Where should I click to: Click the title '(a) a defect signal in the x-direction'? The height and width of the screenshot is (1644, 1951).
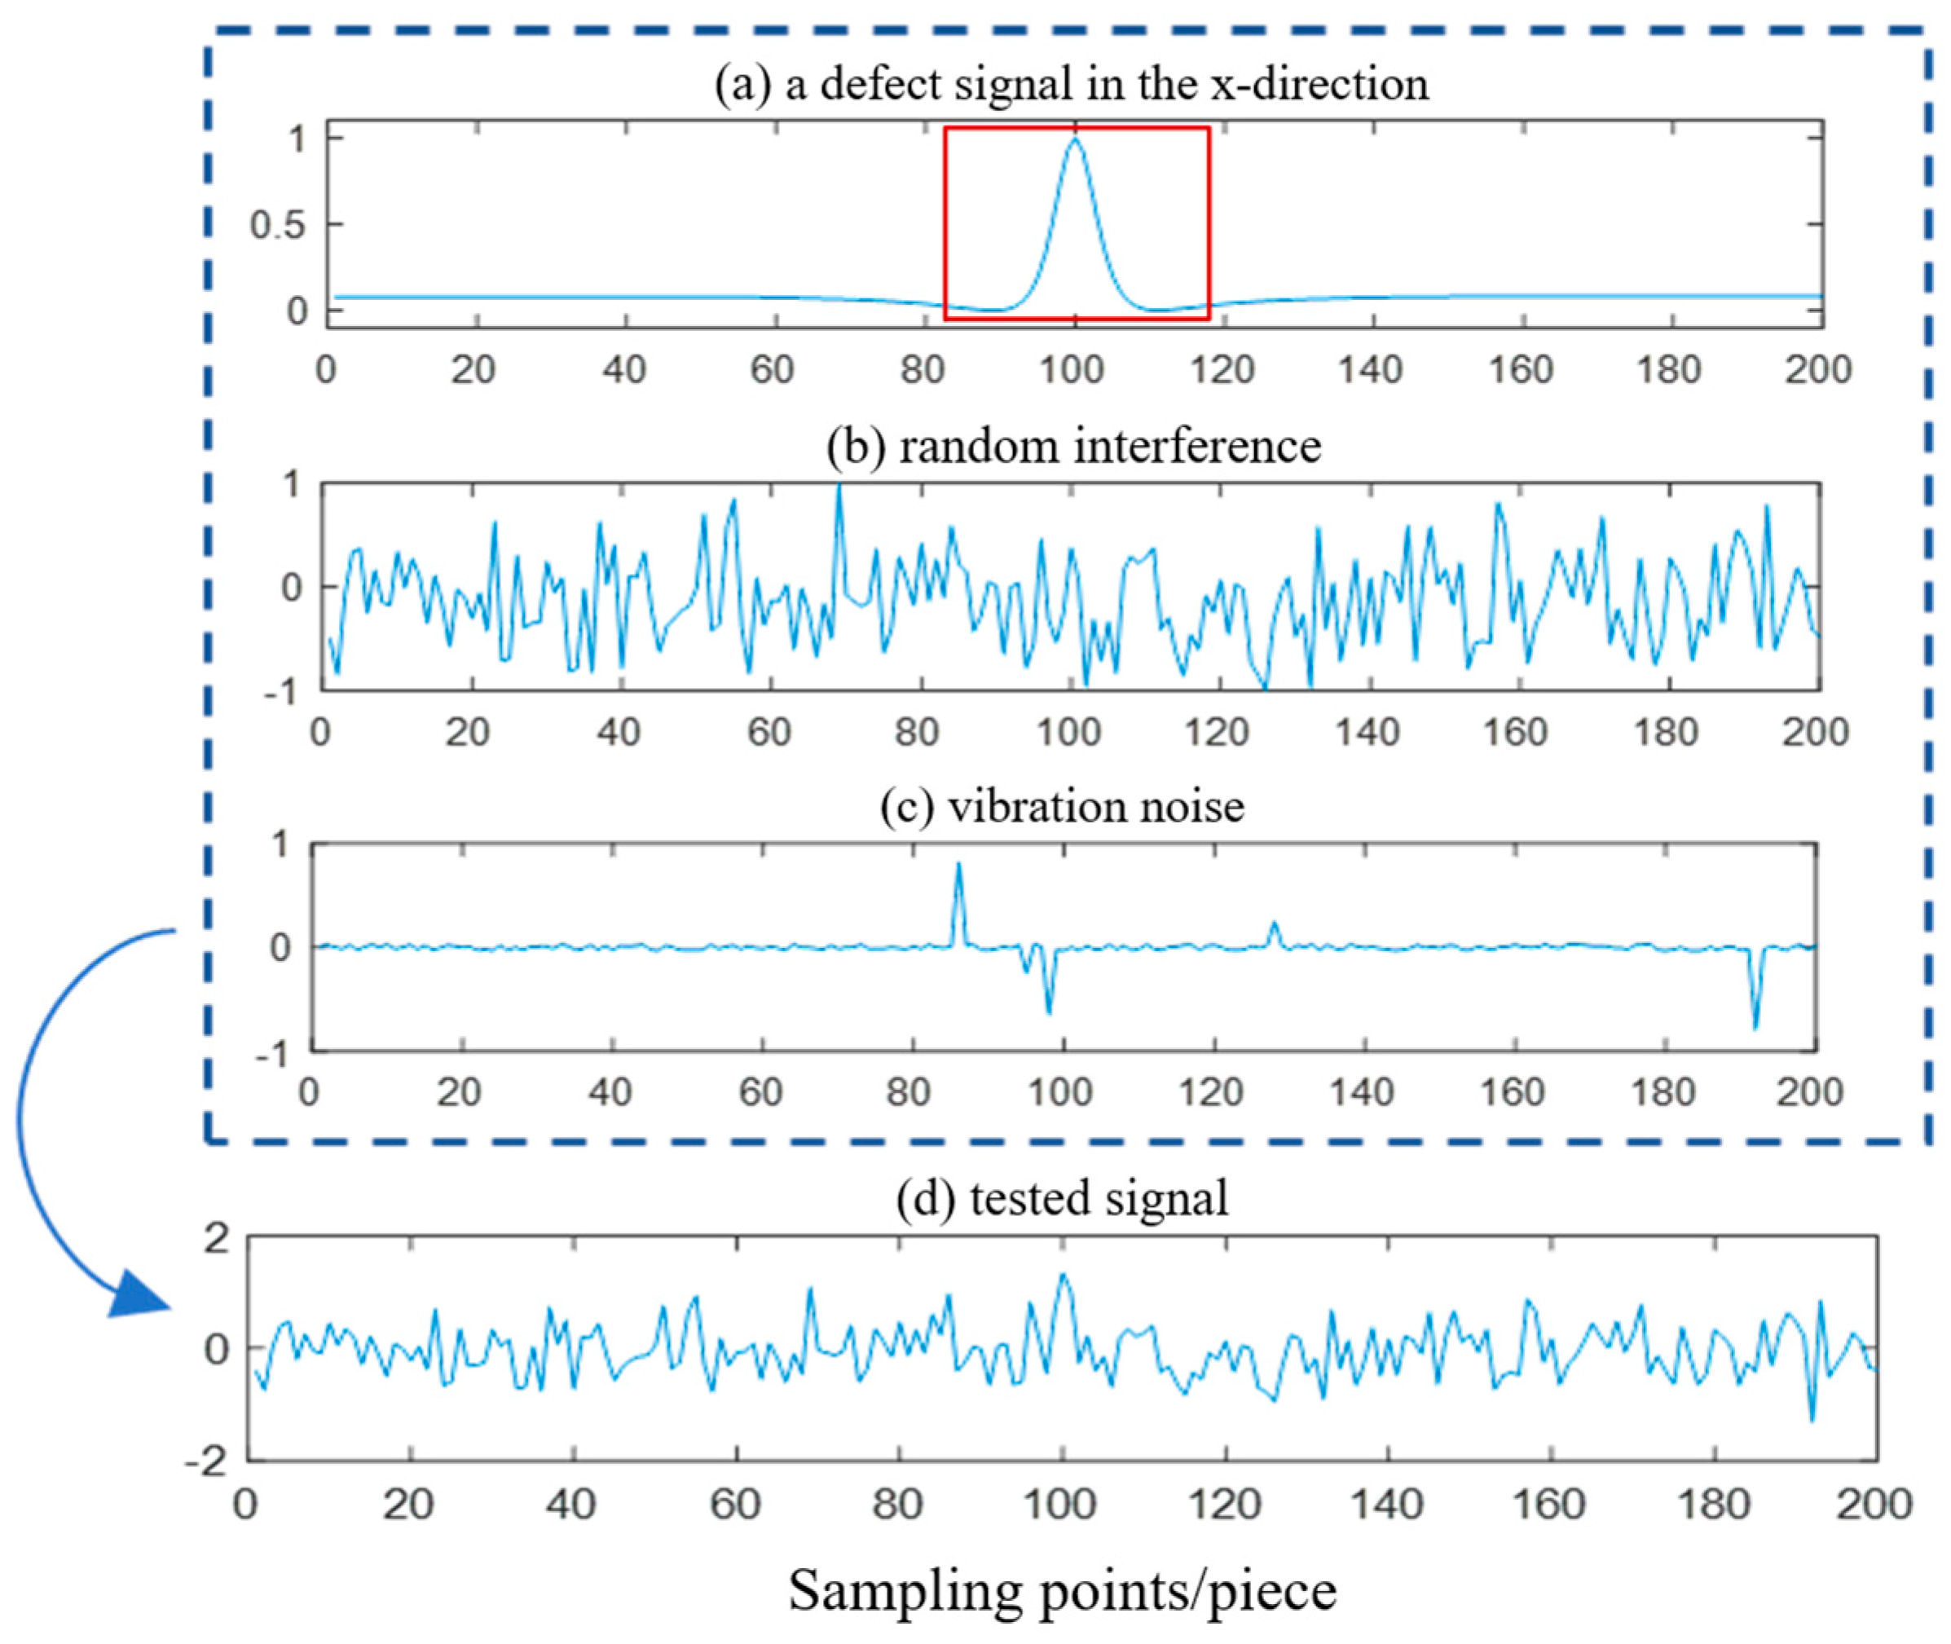(x=1071, y=84)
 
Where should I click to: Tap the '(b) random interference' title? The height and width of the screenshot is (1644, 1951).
(x=1073, y=446)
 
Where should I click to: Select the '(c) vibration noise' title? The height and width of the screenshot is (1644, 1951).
(x=1062, y=805)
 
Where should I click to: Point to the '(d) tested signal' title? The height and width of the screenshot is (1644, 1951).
(x=1062, y=1197)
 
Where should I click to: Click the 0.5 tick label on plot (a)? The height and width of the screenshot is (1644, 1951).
(x=278, y=225)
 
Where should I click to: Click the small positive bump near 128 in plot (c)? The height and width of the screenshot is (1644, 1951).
(x=1274, y=925)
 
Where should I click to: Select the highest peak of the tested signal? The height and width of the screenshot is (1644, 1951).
(x=1062, y=1276)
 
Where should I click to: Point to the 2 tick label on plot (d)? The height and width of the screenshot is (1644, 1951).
(x=215, y=1240)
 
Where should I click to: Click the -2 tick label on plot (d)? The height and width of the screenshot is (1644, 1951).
(x=206, y=1461)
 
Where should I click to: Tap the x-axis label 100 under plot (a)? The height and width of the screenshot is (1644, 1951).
(x=1072, y=370)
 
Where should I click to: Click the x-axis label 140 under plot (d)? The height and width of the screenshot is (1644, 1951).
(x=1386, y=1503)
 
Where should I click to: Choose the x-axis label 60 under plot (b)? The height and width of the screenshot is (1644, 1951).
(x=769, y=732)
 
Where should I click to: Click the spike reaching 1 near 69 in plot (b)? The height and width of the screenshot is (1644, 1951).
(x=839, y=487)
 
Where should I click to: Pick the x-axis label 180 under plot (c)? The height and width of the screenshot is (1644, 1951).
(x=1663, y=1091)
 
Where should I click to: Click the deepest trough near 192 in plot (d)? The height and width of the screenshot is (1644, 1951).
(x=1812, y=1419)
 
